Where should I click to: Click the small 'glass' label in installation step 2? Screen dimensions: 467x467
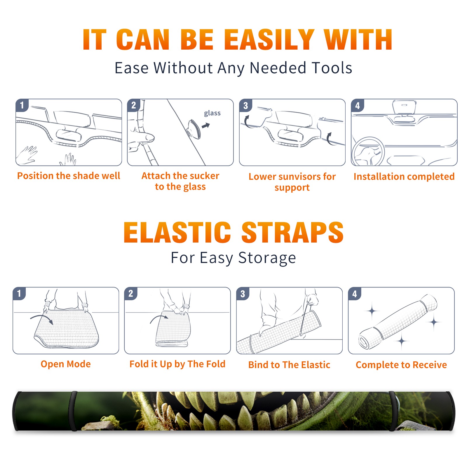[212, 113]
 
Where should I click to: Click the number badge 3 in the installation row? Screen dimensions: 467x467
[245, 106]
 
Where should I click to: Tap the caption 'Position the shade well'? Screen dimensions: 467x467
[69, 176]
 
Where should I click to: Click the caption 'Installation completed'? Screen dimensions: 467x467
[404, 176]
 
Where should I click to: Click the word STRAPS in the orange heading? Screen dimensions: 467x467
[292, 232]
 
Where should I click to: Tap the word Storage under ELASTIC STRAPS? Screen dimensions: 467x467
[267, 258]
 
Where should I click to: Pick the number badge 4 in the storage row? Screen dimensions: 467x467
[355, 294]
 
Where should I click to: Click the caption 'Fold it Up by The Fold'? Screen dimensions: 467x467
[177, 364]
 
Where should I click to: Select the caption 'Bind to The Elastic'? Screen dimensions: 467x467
[289, 365]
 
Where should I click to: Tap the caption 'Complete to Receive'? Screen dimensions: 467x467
[401, 365]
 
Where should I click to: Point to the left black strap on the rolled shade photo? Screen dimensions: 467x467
[74, 411]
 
